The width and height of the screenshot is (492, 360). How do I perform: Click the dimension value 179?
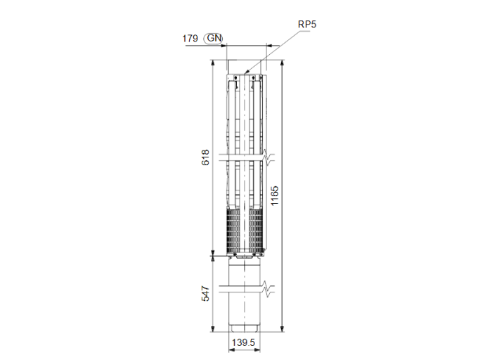pos(190,39)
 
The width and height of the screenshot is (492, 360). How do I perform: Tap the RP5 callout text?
pos(307,24)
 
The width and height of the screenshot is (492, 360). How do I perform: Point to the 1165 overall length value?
pos(275,198)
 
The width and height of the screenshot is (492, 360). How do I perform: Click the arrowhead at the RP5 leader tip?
pos(247,72)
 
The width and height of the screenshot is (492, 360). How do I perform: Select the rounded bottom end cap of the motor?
pos(245,328)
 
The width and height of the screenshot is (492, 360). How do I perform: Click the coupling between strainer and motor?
pos(245,257)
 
